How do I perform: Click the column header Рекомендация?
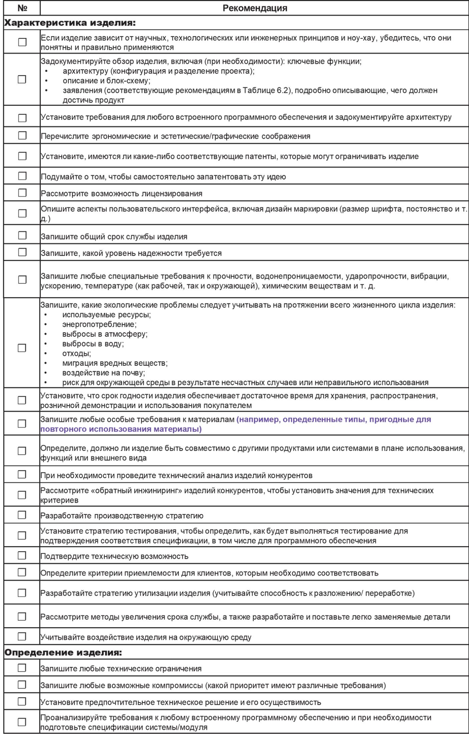pos(255,8)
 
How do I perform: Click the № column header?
pos(22,8)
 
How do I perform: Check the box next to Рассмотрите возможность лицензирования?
pos(22,193)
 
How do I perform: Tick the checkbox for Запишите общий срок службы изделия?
pos(22,236)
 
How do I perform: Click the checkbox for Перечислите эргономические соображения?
pos(22,135)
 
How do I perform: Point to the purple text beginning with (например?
pos(334,420)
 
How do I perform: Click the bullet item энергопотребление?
pos(99,324)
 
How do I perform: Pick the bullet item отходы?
pos(77,353)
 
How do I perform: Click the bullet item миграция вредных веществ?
pos(115,363)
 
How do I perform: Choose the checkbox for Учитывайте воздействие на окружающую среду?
pos(22,637)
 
